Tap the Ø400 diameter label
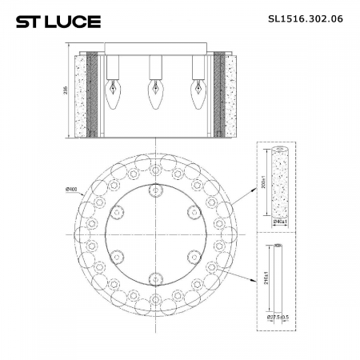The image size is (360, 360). (x=73, y=188)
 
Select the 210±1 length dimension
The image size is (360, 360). (x=266, y=281)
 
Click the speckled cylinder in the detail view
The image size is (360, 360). (x=278, y=181)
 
